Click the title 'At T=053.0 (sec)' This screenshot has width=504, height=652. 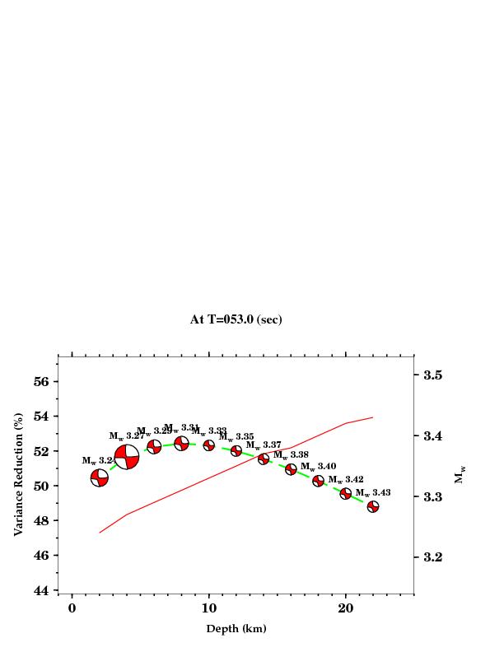tap(236, 319)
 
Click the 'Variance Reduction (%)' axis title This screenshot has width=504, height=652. tap(18, 474)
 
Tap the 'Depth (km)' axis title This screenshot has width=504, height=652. tap(236, 629)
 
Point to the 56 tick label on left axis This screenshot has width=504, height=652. tap(43, 382)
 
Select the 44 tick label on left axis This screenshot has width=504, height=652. tap(43, 590)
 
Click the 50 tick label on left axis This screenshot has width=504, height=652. tap(43, 487)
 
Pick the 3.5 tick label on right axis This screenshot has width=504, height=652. tap(433, 375)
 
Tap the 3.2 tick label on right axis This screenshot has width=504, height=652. tap(433, 557)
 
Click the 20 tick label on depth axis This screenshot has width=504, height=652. tap(346, 608)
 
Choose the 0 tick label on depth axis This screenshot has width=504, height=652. tap(72, 608)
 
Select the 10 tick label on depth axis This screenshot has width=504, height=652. tap(209, 608)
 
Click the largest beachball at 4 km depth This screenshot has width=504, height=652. tap(127, 456)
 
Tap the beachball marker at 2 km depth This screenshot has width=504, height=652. tap(100, 477)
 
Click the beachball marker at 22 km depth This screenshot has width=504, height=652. tap(373, 507)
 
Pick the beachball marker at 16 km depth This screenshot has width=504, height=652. tap(291, 469)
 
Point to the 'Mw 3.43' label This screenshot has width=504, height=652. tap(373, 492)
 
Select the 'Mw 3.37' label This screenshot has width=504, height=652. tap(264, 445)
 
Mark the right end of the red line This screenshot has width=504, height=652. tap(373, 417)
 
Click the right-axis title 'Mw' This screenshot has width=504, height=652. tap(460, 475)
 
